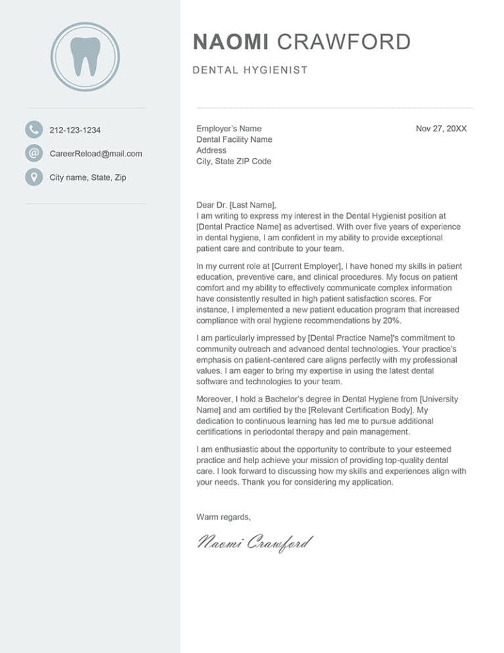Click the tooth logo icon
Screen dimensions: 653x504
pos(85,56)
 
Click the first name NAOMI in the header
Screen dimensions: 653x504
pos(230,42)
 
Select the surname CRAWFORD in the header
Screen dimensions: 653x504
pos(344,42)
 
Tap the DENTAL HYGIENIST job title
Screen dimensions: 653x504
pos(250,70)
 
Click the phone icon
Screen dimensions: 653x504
pos(33,129)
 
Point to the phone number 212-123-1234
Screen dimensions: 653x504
pos(75,130)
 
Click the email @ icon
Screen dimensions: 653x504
pos(33,154)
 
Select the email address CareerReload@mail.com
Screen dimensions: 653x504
pos(96,154)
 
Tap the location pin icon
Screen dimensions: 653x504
pos(33,177)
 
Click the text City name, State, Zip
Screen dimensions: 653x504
pos(88,177)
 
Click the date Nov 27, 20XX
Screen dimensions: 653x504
pos(441,129)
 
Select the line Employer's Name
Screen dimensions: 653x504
pos(228,129)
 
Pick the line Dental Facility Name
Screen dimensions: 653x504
pos(234,139)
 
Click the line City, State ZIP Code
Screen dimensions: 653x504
pos(234,161)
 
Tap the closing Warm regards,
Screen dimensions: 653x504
pos(223,517)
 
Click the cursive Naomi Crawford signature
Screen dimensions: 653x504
pos(255,543)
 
